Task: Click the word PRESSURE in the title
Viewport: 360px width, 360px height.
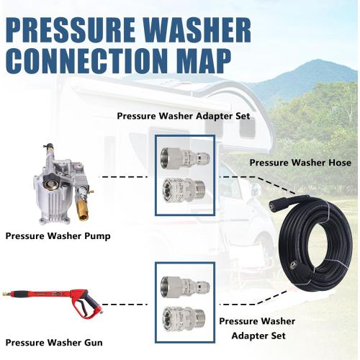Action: [x=72, y=30]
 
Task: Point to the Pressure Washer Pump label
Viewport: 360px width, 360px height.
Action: [x=57, y=235]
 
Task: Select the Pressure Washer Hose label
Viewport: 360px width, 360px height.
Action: [x=300, y=163]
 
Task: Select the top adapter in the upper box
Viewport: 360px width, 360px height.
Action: [x=185, y=157]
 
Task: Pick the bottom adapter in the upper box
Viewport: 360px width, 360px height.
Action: [x=185, y=194]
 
